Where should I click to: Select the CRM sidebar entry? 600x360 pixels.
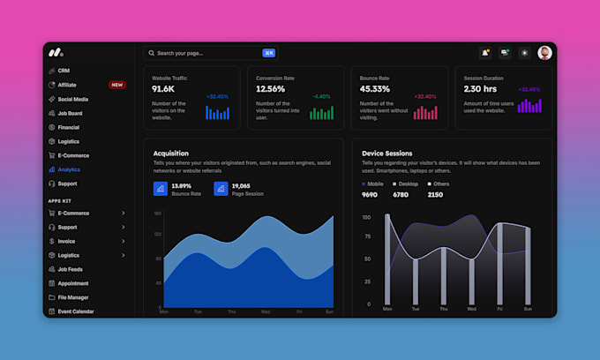click(x=64, y=71)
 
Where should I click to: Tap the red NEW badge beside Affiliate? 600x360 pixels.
click(x=116, y=85)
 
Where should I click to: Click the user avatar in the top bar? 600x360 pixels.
click(x=544, y=53)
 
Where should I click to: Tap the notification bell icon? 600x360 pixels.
click(x=485, y=53)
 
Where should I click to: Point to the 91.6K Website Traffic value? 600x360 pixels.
click(x=164, y=89)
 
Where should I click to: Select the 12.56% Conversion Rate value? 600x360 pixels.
click(x=271, y=89)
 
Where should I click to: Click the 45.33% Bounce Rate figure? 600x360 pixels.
click(x=375, y=89)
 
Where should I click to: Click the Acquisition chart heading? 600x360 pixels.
click(x=170, y=154)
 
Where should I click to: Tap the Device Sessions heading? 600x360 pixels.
click(x=386, y=154)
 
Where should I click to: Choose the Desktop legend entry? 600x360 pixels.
click(x=407, y=184)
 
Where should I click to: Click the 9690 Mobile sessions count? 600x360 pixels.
click(x=370, y=195)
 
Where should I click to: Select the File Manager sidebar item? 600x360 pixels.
click(x=73, y=297)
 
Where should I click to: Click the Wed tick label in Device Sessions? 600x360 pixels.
click(x=471, y=310)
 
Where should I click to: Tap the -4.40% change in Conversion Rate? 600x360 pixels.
click(x=321, y=96)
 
